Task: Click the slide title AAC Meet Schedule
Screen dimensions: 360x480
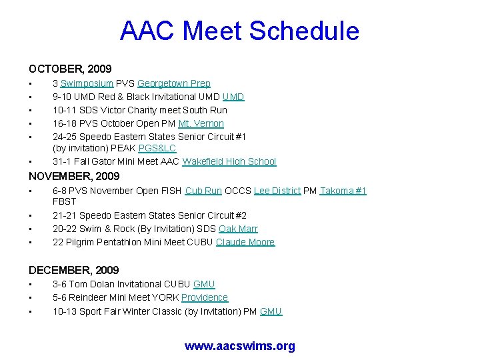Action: pyautogui.click(x=239, y=31)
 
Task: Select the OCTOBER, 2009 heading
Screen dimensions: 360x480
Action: pyautogui.click(x=70, y=69)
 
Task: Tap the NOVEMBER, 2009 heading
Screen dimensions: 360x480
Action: pyautogui.click(x=74, y=176)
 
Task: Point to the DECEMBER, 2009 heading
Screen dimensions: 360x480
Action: pyautogui.click(x=73, y=270)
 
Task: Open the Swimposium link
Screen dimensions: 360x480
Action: pyautogui.click(x=87, y=83)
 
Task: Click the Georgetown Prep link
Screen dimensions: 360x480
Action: pyautogui.click(x=173, y=83)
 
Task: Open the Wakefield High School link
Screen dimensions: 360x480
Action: pyautogui.click(x=229, y=161)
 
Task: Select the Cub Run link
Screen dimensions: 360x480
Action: pyautogui.click(x=203, y=191)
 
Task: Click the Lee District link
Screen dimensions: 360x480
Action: pyautogui.click(x=277, y=191)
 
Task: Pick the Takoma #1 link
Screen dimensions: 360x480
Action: pyautogui.click(x=343, y=191)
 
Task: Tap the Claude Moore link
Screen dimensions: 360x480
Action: pyautogui.click(x=245, y=242)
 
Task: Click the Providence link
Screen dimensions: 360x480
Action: pyautogui.click(x=204, y=297)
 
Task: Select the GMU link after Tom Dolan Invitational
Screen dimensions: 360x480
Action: pyautogui.click(x=203, y=284)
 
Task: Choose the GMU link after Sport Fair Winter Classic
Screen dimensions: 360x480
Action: pyautogui.click(x=271, y=311)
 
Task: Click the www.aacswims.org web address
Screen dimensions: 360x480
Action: pyautogui.click(x=239, y=346)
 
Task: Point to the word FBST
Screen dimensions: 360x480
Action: pyautogui.click(x=65, y=201)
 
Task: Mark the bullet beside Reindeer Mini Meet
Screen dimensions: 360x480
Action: pyautogui.click(x=30, y=298)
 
